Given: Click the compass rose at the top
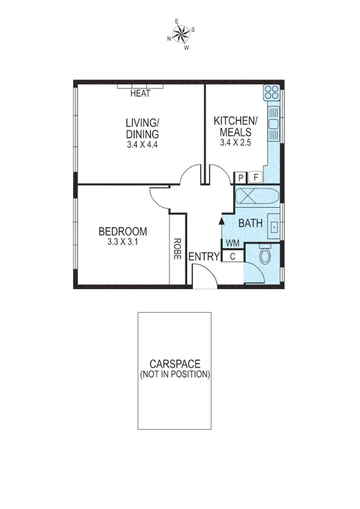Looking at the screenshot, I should [x=181, y=33].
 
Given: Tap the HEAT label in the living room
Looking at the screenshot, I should [x=140, y=94].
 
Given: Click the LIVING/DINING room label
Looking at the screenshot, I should [x=142, y=128].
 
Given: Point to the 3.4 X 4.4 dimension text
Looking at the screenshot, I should [x=142, y=145].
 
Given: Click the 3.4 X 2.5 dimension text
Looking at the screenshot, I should [x=236, y=142].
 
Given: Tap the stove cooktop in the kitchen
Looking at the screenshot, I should [x=273, y=93].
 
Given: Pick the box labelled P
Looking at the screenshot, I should [x=241, y=178].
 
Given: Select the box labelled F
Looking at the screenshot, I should [x=257, y=178].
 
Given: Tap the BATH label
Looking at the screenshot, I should [x=251, y=223].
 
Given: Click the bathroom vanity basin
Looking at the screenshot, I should [x=274, y=225].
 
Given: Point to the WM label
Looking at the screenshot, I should [x=232, y=243].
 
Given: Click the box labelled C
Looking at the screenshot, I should [x=232, y=256].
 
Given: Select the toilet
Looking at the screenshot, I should [x=265, y=257].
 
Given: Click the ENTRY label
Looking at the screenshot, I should [x=204, y=256].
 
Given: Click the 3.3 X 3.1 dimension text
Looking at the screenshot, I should [x=123, y=242].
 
